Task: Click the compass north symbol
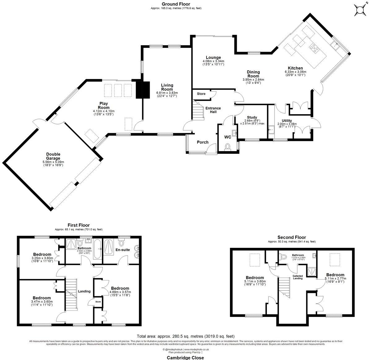click(x=360, y=10)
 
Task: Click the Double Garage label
click(x=53, y=156)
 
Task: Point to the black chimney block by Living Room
click(x=143, y=89)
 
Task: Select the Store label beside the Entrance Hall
click(x=201, y=94)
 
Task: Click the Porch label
click(x=203, y=142)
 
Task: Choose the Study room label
click(x=251, y=117)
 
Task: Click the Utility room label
click(x=287, y=121)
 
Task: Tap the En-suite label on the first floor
click(x=123, y=249)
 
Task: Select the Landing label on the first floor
click(x=84, y=291)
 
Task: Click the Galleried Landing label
click(x=297, y=277)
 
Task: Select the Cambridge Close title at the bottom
click(x=185, y=358)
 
